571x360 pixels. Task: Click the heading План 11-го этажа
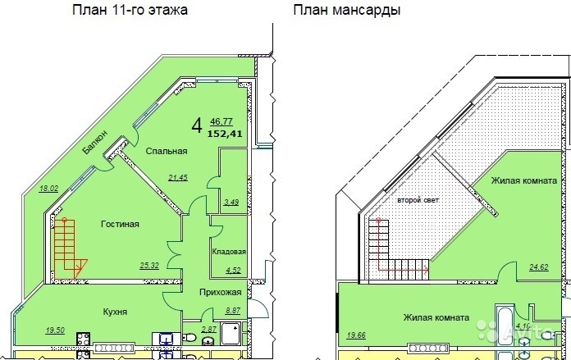(130, 10)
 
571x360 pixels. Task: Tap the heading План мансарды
(347, 10)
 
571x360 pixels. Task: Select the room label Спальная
(167, 151)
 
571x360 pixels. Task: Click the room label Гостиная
(120, 224)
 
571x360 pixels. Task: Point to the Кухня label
(115, 312)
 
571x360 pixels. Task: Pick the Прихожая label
(221, 292)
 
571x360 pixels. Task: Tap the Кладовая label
(229, 252)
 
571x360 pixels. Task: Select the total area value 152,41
(225, 134)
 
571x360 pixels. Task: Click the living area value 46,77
(222, 121)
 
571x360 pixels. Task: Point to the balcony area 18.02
(48, 189)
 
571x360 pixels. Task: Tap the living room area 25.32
(149, 266)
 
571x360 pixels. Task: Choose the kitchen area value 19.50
(55, 330)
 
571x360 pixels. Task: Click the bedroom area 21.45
(178, 178)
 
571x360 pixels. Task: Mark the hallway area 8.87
(233, 311)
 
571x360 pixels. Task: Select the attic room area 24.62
(539, 267)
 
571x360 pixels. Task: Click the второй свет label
(418, 200)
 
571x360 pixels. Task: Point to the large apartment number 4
(197, 126)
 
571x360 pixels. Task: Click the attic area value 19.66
(356, 335)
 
